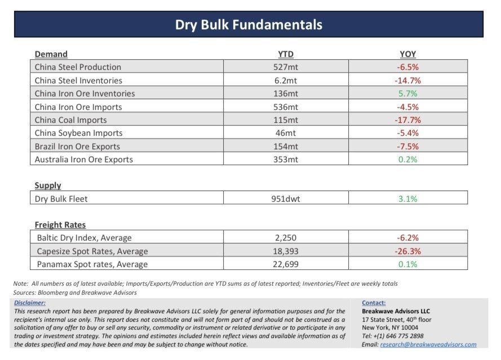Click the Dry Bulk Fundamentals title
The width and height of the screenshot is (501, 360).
point(249,25)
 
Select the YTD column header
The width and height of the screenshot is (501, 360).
point(286,54)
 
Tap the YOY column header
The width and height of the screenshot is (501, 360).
point(407,54)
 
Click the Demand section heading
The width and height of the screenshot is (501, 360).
point(51,54)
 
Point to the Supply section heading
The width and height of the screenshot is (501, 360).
point(48,185)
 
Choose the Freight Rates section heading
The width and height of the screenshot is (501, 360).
point(60,225)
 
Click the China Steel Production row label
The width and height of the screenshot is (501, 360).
point(78,67)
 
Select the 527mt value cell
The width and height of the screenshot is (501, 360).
point(286,67)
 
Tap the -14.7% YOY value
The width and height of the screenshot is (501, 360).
point(407,81)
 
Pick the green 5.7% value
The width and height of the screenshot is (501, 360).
point(407,94)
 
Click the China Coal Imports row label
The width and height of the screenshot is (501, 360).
point(70,120)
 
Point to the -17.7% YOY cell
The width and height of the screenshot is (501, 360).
point(407,120)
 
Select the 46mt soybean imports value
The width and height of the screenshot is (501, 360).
point(286,133)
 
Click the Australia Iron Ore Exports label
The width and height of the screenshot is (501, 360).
point(84,159)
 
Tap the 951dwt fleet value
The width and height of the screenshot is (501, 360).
point(286,199)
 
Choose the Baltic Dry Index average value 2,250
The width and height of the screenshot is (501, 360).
point(286,238)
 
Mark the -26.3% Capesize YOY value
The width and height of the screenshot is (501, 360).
point(407,251)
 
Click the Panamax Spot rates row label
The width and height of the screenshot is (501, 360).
point(92,264)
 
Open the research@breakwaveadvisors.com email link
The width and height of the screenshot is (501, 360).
point(428,344)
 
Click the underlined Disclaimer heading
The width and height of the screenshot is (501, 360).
point(30,303)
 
